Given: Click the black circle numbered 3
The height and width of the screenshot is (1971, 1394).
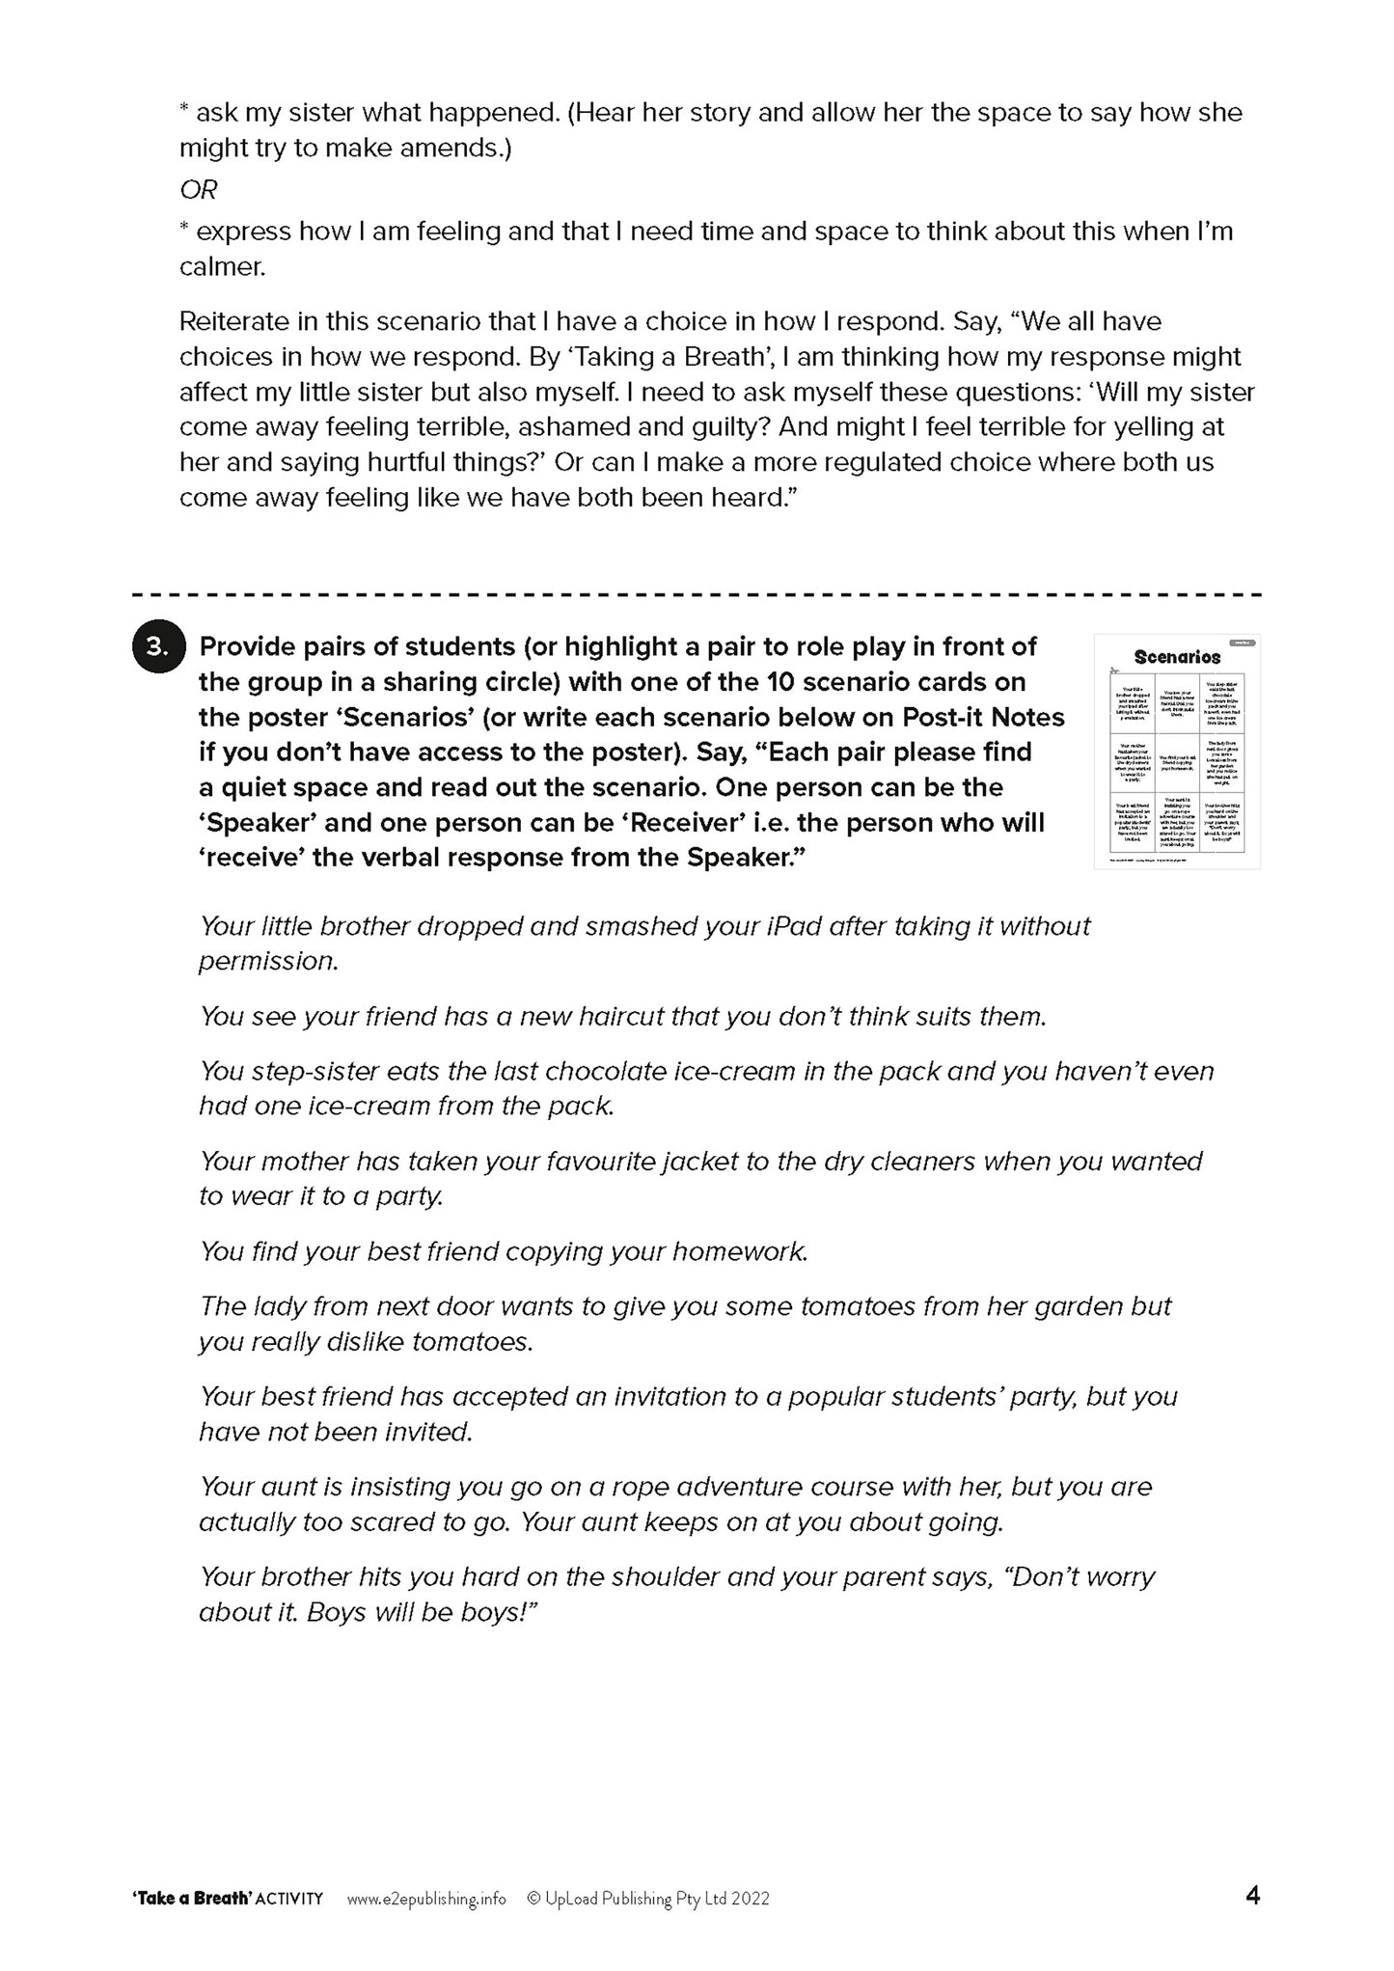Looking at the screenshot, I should pos(155,647).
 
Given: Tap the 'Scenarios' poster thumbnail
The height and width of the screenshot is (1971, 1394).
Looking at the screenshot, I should pos(1176,751).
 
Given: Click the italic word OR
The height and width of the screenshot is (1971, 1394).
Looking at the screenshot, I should pos(198,190).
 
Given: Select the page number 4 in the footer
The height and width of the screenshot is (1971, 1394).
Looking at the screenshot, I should pos(1252,1896).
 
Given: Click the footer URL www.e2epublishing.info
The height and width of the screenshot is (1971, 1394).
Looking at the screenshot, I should pos(425,1898).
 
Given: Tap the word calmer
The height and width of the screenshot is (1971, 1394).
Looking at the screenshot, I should pos(222,267).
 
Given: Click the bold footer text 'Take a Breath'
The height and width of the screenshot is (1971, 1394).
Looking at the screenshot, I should pos(192,1898).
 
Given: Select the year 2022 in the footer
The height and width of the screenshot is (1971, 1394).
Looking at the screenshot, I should pos(750,1898).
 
